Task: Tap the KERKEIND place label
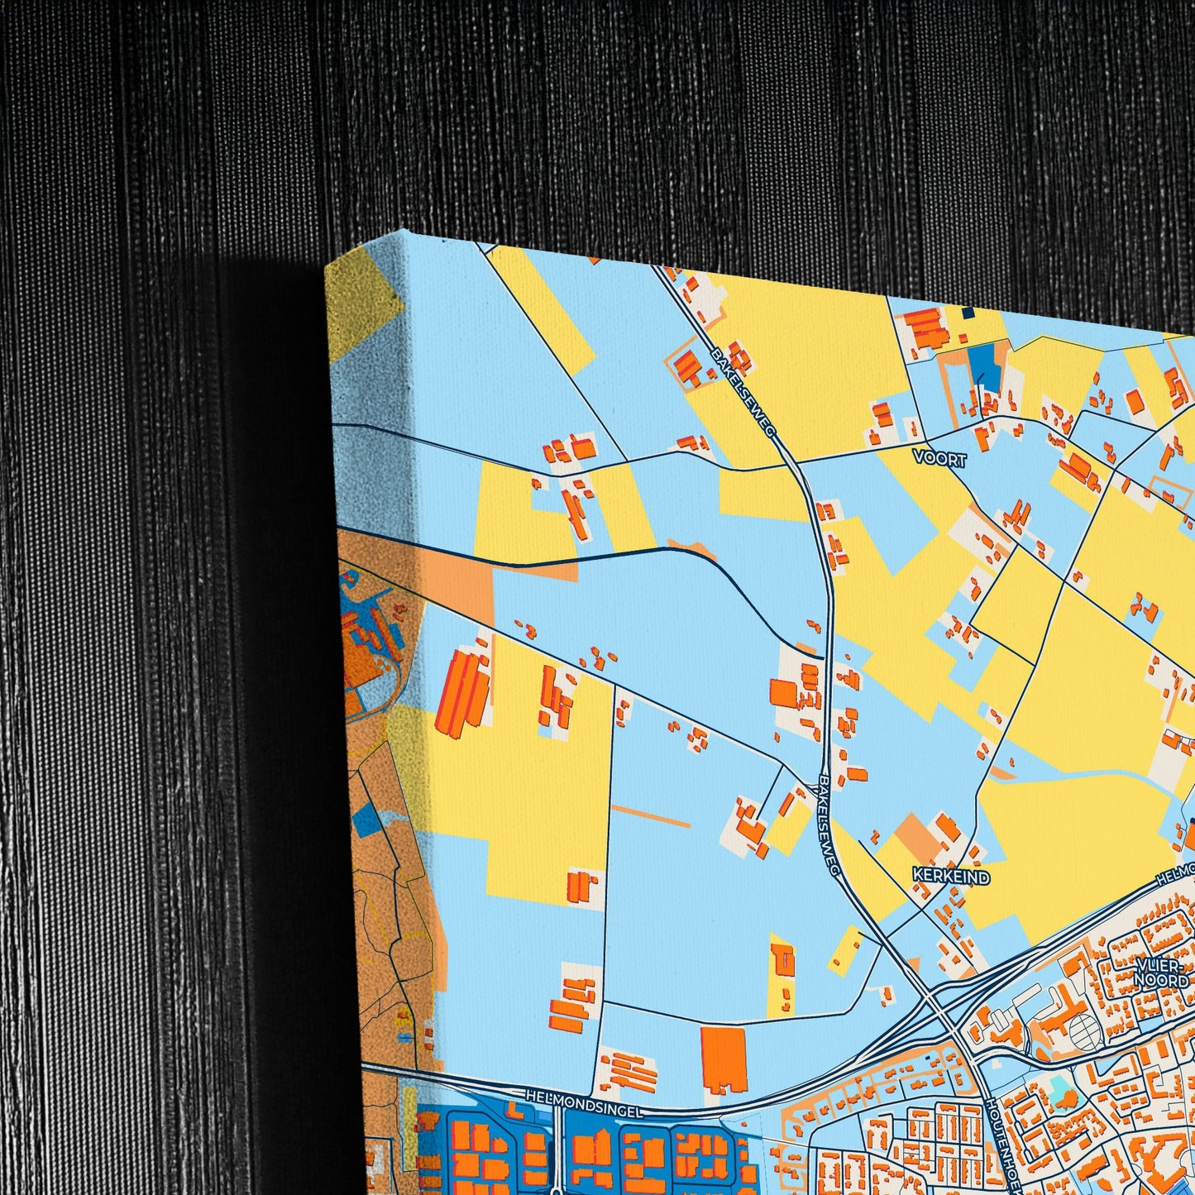(950, 876)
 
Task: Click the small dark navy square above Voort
(968, 313)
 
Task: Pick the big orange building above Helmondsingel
(724, 1059)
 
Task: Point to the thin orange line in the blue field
(650, 815)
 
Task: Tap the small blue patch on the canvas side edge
(365, 819)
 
